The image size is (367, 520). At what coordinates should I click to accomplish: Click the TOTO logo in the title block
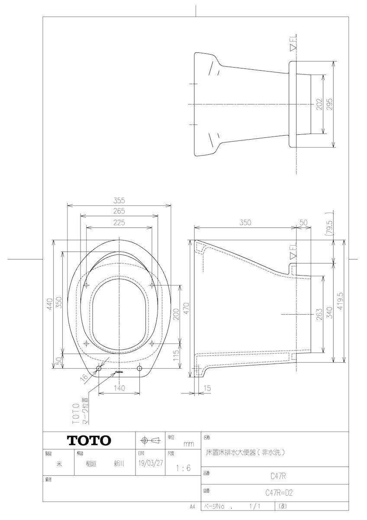pos(89,441)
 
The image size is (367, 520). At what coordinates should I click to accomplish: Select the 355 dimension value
pos(119,200)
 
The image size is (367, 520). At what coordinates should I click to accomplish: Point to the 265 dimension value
pos(119,211)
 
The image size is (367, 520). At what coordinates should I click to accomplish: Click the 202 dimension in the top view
pos(319,104)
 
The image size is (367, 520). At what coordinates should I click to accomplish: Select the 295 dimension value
pos(330,104)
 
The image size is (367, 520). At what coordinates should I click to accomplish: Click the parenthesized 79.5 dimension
pos(330,226)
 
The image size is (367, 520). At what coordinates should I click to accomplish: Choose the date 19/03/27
pos(148,463)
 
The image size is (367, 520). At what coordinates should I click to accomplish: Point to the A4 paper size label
pos(192,506)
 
